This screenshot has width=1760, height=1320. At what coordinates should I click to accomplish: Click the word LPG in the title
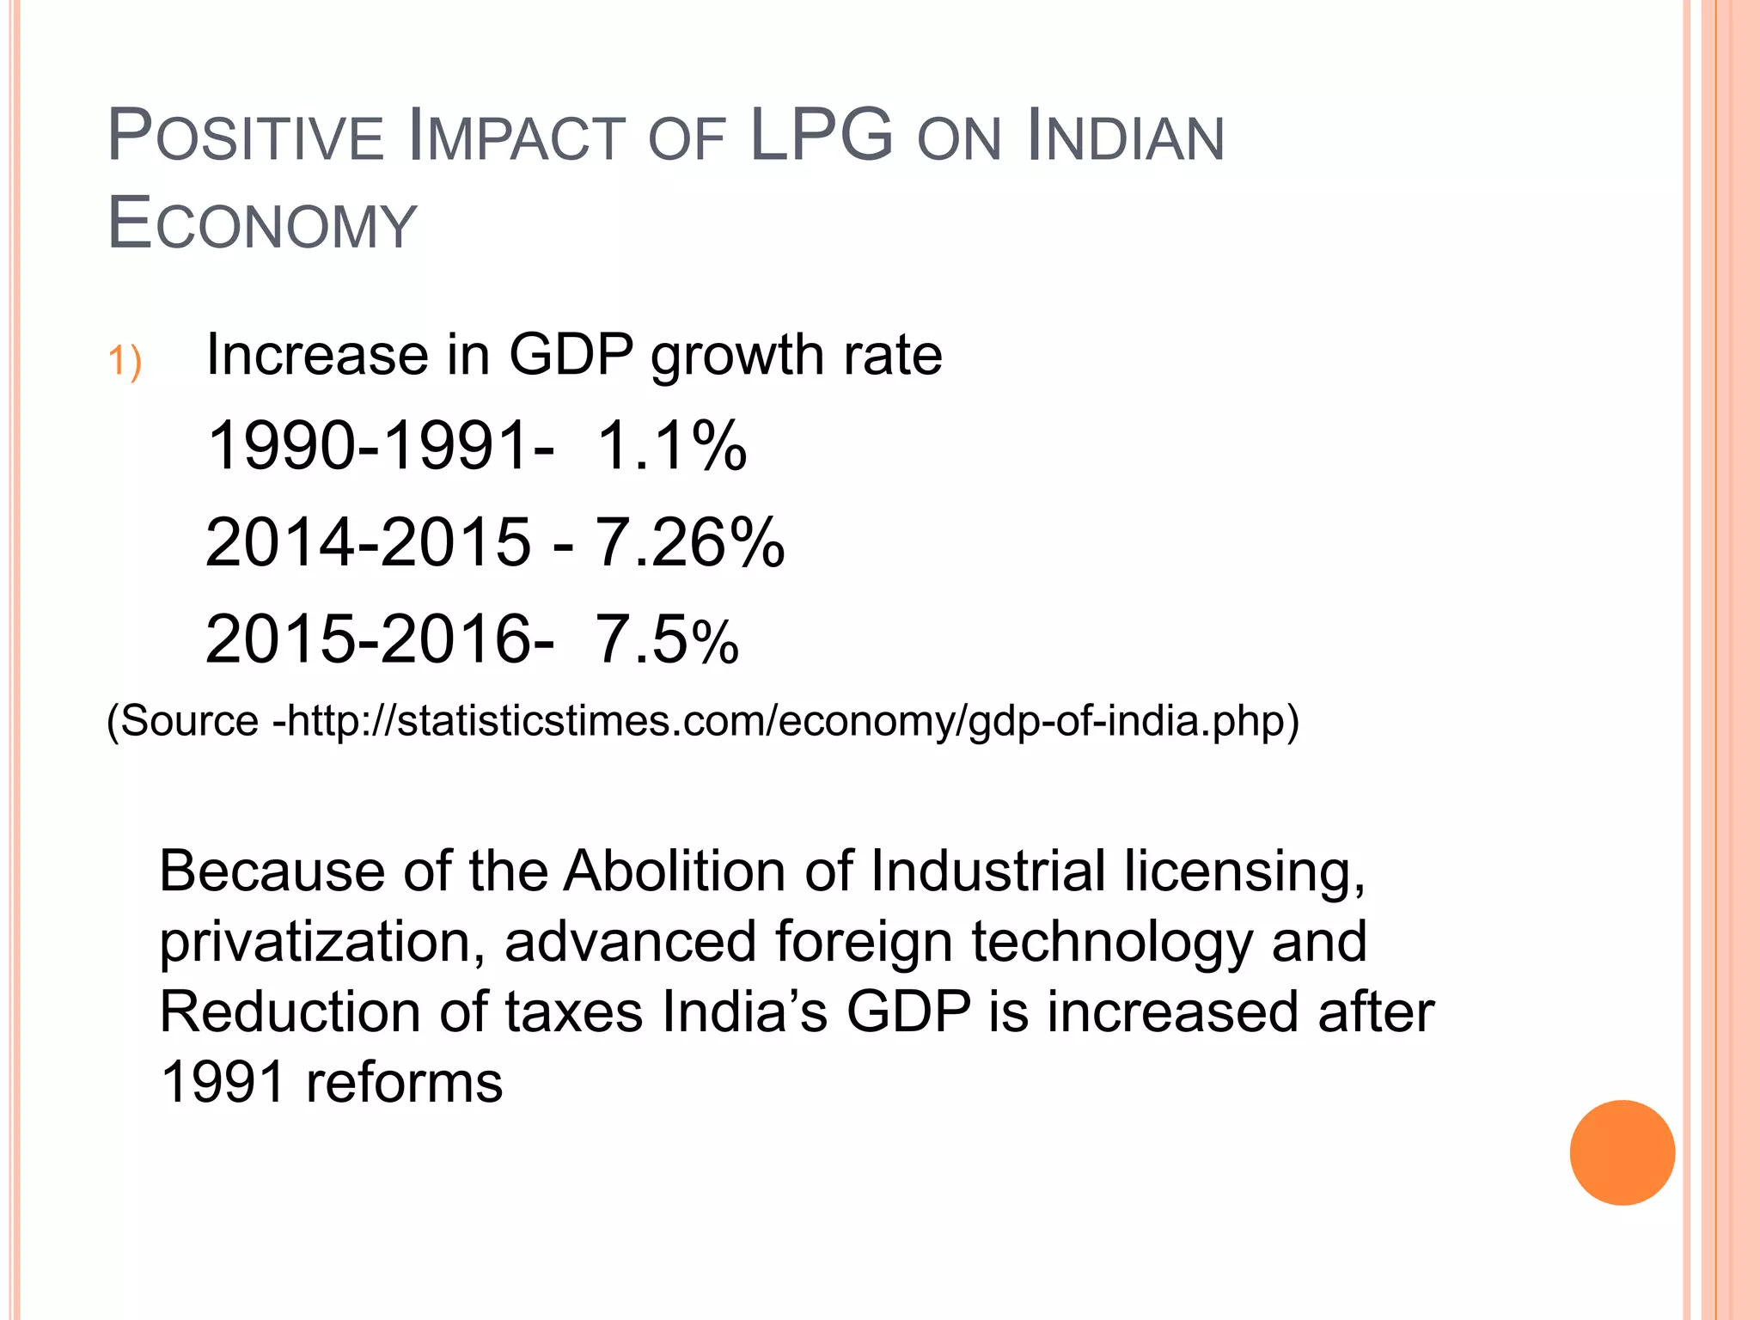point(821,136)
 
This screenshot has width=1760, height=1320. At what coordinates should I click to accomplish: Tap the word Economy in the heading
point(262,224)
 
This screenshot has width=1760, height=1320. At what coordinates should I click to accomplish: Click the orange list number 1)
point(125,360)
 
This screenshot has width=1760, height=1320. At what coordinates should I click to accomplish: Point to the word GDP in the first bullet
point(571,354)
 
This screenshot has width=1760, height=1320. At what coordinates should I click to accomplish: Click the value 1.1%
point(671,446)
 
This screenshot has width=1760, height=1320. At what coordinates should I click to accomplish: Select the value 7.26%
point(689,543)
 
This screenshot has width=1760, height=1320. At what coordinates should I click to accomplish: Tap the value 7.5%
point(667,640)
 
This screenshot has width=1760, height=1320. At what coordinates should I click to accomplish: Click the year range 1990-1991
point(370,446)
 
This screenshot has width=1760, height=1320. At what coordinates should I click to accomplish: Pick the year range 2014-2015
point(368,543)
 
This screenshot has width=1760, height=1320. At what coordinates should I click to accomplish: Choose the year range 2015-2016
point(368,640)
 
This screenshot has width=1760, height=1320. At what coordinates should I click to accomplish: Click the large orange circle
point(1622,1152)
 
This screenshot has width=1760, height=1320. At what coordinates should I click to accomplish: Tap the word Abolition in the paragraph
point(675,871)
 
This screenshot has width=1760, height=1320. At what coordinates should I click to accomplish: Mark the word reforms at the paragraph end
point(404,1083)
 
